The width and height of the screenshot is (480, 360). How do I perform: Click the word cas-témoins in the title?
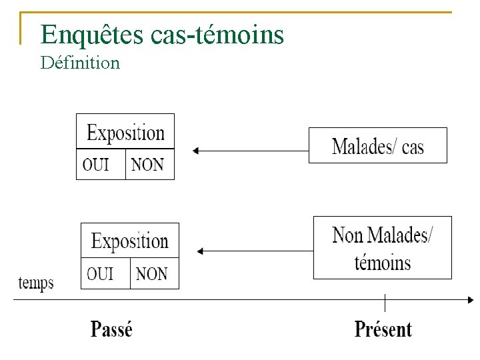[218, 35]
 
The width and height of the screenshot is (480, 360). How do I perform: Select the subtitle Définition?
[80, 63]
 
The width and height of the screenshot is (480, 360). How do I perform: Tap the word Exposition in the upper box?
[125, 133]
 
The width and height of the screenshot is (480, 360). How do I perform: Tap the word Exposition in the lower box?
[129, 241]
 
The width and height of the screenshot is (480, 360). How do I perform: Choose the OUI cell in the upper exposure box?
[101, 164]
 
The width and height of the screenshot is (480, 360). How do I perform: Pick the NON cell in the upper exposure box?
[149, 164]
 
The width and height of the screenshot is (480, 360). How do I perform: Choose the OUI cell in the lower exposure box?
[105, 273]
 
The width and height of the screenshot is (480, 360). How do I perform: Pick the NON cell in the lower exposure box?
[153, 273]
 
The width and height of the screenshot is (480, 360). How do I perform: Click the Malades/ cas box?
[377, 146]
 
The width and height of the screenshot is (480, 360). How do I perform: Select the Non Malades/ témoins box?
[382, 247]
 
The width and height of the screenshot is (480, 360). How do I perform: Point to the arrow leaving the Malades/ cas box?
[250, 151]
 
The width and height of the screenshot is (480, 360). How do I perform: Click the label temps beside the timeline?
[35, 283]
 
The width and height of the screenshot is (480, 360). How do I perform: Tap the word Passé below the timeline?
[111, 329]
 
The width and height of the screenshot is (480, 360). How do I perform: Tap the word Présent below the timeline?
[383, 329]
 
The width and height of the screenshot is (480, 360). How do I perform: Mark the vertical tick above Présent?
[385, 302]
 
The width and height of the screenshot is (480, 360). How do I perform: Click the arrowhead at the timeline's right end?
[470, 299]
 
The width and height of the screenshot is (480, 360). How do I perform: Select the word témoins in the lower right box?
[383, 262]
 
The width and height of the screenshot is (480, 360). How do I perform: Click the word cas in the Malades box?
[413, 147]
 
